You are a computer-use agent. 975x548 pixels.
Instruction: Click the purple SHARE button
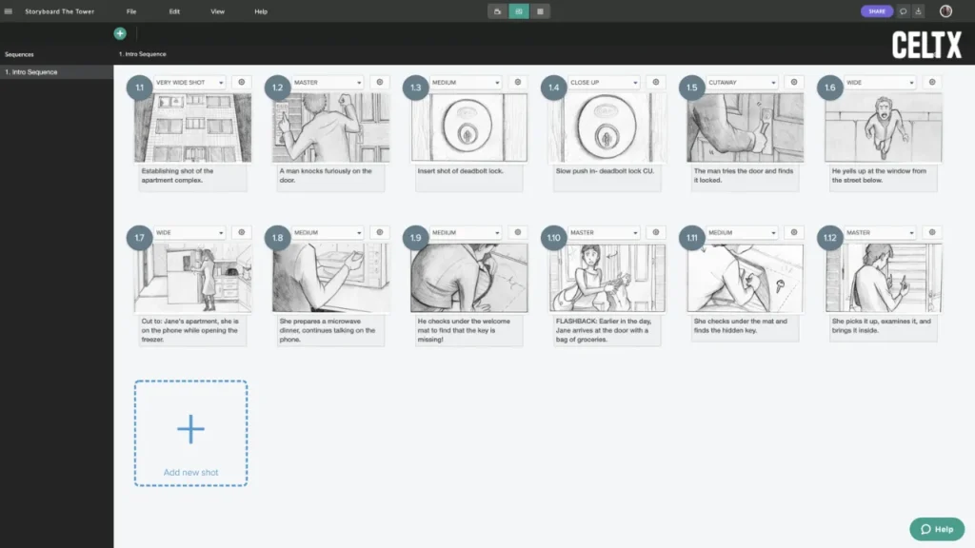pos(876,11)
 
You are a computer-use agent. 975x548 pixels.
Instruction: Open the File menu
pos(130,11)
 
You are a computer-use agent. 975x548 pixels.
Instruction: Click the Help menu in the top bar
pos(261,11)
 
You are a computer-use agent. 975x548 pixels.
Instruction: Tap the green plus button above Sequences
pos(120,33)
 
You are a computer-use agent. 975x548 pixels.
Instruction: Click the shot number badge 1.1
pos(139,88)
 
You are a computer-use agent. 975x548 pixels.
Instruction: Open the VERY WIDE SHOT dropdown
pos(189,83)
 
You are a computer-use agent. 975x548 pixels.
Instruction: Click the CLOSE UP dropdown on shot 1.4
pos(604,83)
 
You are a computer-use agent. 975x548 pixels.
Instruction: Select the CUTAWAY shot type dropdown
pos(742,83)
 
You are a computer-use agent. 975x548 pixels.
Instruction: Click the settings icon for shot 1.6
pos(931,83)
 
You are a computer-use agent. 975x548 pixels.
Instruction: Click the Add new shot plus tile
pos(190,433)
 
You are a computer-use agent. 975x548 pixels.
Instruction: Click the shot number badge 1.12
pos(830,238)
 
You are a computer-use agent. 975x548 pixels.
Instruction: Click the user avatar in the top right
pos(945,11)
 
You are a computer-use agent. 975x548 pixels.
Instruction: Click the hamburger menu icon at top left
pos(9,11)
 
